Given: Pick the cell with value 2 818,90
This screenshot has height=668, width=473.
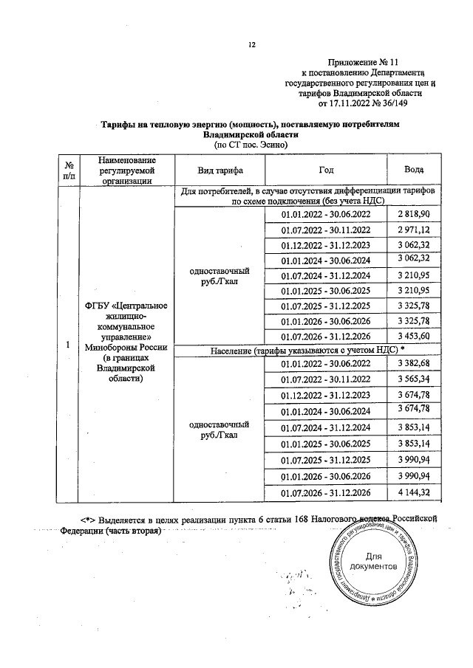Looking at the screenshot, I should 414,214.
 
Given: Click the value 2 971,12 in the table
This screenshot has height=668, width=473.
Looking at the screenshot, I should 414,230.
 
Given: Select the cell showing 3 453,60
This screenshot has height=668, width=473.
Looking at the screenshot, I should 414,337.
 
